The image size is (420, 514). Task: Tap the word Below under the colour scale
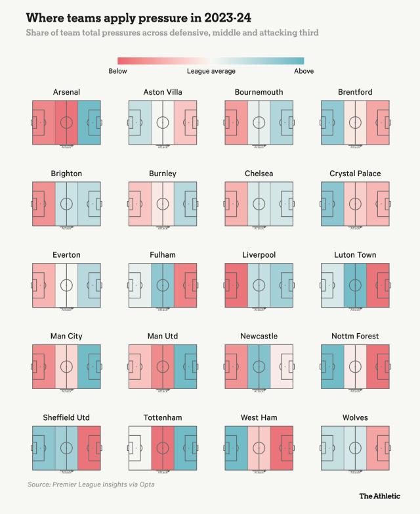[x=118, y=71]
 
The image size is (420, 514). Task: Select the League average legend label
[x=211, y=71]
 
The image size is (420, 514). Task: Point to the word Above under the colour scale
[x=304, y=71]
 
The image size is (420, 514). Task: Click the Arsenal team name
[x=66, y=92]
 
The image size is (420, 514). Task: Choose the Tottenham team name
[x=162, y=417]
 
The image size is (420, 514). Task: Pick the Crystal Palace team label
[x=355, y=174]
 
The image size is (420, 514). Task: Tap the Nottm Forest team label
[x=355, y=336]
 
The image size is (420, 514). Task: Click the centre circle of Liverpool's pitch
[x=259, y=285]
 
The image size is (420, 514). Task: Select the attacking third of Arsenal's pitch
[x=89, y=122]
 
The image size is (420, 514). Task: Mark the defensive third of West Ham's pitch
[x=236, y=448]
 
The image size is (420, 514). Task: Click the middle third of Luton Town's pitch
[x=355, y=285]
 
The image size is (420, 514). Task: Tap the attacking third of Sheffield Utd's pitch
[x=89, y=448]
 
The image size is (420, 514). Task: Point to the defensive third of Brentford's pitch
[x=332, y=122]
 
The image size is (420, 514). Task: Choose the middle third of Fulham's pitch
[x=163, y=285]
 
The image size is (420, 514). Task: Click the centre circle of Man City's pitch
[x=66, y=366]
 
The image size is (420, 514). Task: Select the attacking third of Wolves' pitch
[x=378, y=448]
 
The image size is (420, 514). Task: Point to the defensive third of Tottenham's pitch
[x=140, y=448]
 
